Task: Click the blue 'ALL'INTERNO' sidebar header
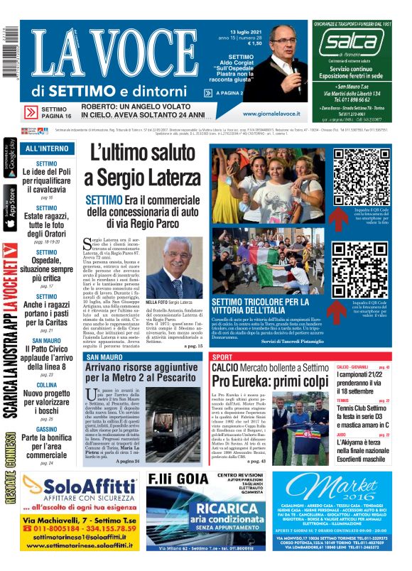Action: (47, 149)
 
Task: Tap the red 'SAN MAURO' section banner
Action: (103, 357)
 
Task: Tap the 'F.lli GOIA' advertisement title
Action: (180, 479)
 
